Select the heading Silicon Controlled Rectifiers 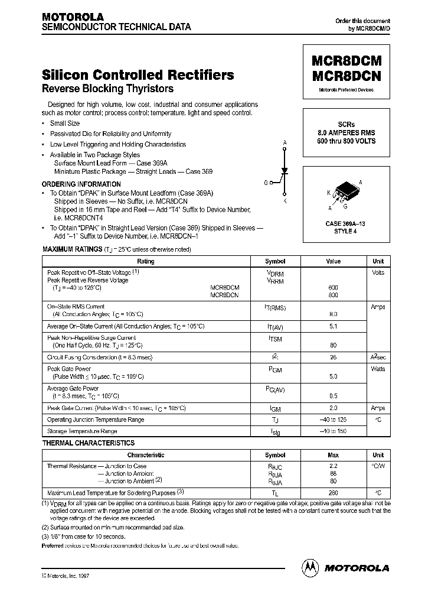coord(138,75)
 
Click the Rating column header coord(146,261)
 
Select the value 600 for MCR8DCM coord(334,287)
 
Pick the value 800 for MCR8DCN coord(334,294)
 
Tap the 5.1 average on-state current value coord(334,326)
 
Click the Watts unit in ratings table coord(378,369)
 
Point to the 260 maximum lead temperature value coord(334,492)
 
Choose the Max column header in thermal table coord(334,456)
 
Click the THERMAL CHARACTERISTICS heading coord(89,443)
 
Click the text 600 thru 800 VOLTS coord(346,141)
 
